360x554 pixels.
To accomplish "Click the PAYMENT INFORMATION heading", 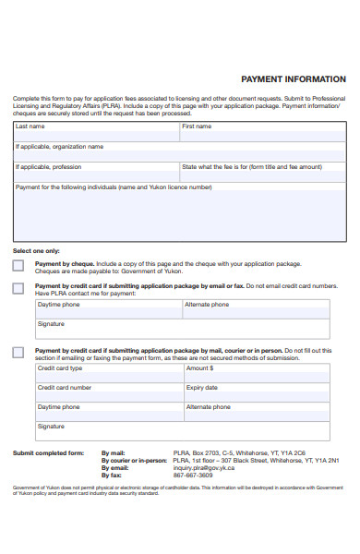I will click(x=293, y=79).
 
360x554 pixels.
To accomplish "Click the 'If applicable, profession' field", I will click(x=96, y=173).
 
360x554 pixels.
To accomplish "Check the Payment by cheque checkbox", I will click(x=18, y=266).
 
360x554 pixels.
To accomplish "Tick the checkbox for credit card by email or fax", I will click(x=18, y=288).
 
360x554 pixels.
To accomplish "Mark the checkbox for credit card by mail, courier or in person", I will click(x=18, y=353).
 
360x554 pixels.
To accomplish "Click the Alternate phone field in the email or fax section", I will click(x=256, y=310).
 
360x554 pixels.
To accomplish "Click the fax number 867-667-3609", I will click(x=193, y=476).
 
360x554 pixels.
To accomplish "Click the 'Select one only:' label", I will click(x=35, y=251).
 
